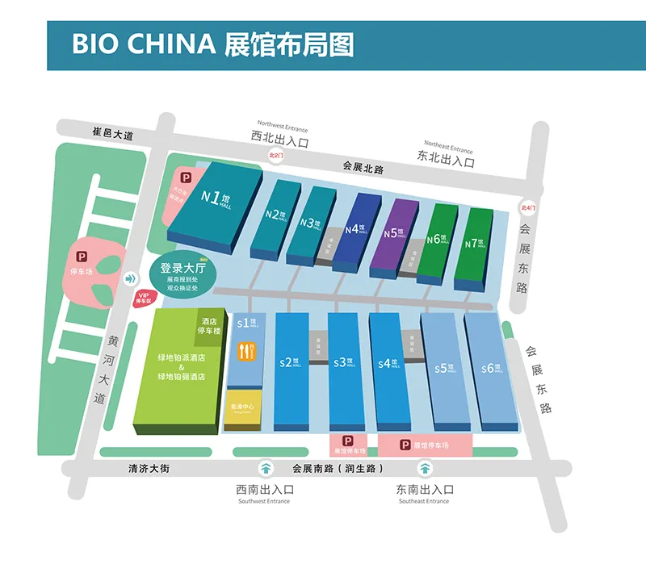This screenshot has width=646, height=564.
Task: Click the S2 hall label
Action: pos(288,363)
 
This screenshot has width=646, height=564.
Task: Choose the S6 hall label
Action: pos(491,369)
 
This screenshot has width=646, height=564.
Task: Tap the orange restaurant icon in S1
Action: pos(246,352)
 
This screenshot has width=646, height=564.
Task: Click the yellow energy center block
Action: pos(243,408)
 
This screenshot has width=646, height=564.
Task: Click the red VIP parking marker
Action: pos(145,299)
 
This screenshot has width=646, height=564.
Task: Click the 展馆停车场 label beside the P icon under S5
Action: pos(430,445)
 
